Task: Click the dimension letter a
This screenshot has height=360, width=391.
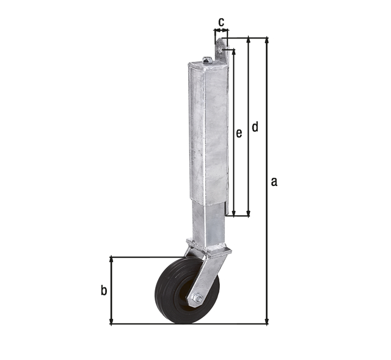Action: click(274, 181)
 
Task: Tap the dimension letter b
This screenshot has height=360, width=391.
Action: click(104, 290)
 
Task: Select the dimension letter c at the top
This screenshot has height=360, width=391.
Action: click(221, 21)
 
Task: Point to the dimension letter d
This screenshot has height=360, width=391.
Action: click(255, 127)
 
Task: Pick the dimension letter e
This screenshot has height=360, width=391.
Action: click(239, 132)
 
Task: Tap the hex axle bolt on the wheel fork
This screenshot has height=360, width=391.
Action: click(197, 298)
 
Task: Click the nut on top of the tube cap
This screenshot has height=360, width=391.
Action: click(207, 60)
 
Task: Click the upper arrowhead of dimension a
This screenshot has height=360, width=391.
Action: click(266, 40)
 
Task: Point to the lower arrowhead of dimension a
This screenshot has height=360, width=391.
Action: click(266, 320)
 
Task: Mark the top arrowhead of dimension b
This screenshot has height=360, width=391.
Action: click(111, 260)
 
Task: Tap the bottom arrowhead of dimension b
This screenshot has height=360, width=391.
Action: click(111, 320)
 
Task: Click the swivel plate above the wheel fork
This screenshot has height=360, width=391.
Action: click(209, 250)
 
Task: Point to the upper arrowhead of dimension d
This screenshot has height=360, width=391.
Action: click(248, 40)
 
